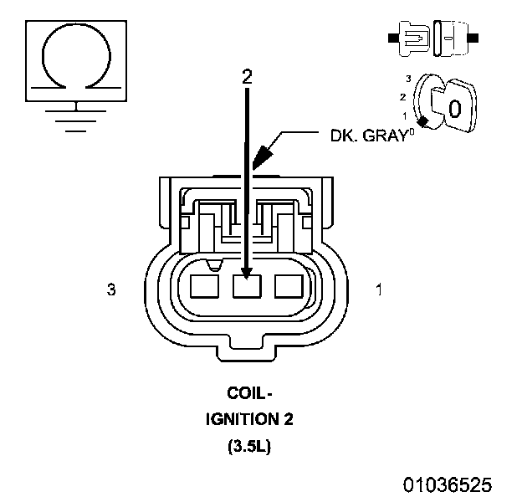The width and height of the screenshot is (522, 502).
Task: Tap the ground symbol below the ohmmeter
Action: (x=77, y=115)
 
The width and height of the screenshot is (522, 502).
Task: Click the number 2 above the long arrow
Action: (x=246, y=76)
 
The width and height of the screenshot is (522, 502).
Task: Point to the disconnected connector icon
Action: (x=432, y=38)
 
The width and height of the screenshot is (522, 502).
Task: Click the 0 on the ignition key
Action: (x=453, y=107)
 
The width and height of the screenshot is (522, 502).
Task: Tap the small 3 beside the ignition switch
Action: (x=407, y=78)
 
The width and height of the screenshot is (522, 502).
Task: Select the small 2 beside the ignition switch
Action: (x=403, y=96)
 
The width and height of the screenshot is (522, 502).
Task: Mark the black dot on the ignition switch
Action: (x=425, y=122)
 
